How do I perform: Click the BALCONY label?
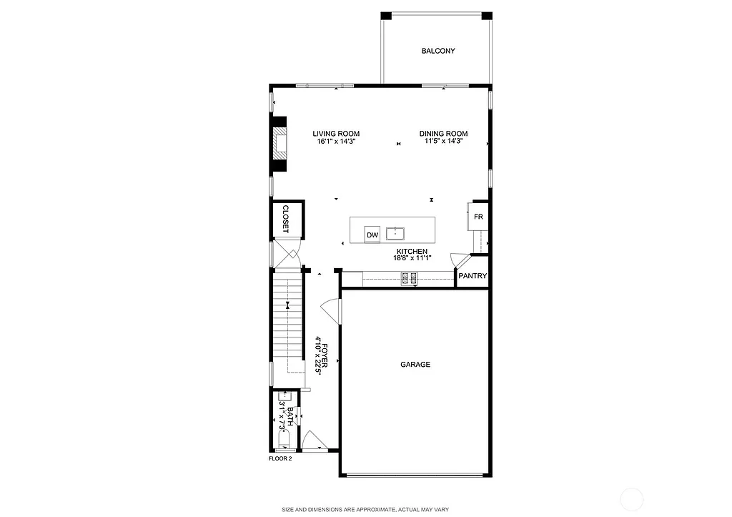437,51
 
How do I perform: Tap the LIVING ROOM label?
336,134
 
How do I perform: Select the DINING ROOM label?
443,134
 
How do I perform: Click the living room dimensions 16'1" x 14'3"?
336,142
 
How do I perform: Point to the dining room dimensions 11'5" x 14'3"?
443,142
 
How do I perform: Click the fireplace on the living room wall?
280,144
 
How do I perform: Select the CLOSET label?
285,219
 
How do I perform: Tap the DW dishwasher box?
372,235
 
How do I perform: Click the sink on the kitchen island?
395,233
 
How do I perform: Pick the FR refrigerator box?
478,216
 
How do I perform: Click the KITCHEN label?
412,252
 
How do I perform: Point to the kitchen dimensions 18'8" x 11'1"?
412,259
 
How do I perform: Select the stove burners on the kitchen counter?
410,278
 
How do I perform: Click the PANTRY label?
473,276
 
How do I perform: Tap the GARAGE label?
415,365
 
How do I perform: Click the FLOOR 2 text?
280,458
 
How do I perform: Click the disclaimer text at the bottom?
365,509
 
